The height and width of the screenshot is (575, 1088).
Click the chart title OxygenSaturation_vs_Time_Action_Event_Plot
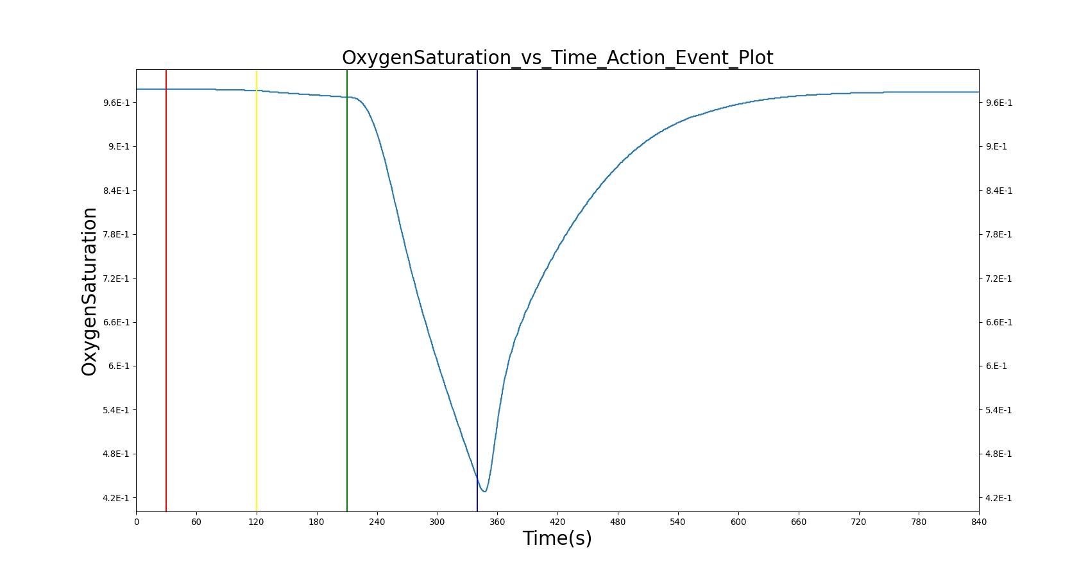(557, 57)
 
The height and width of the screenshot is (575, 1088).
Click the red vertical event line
(166, 290)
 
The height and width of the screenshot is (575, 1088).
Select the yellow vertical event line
(257, 290)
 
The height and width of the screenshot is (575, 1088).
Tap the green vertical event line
(347, 290)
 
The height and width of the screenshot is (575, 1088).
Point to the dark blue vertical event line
(477, 290)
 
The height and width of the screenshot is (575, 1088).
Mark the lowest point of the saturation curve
(484, 492)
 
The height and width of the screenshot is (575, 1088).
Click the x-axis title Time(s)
(557, 538)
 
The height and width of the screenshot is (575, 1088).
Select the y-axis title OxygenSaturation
(89, 291)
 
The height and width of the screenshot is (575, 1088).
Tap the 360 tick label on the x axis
(497, 522)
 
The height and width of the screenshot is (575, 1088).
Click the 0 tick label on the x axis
(137, 522)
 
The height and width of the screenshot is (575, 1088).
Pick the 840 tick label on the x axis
(979, 522)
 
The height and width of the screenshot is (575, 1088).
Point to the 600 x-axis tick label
(738, 522)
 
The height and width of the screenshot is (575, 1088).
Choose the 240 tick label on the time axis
(377, 522)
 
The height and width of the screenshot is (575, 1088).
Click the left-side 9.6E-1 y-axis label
(116, 103)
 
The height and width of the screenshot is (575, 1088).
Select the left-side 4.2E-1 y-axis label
(116, 498)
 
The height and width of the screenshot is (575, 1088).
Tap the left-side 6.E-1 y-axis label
(119, 366)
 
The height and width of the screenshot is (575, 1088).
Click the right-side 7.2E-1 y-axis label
(999, 279)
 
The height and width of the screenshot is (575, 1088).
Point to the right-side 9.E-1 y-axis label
(996, 147)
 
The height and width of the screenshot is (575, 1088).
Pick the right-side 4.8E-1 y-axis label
(999, 454)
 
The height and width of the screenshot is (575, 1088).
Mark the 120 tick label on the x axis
(257, 522)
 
